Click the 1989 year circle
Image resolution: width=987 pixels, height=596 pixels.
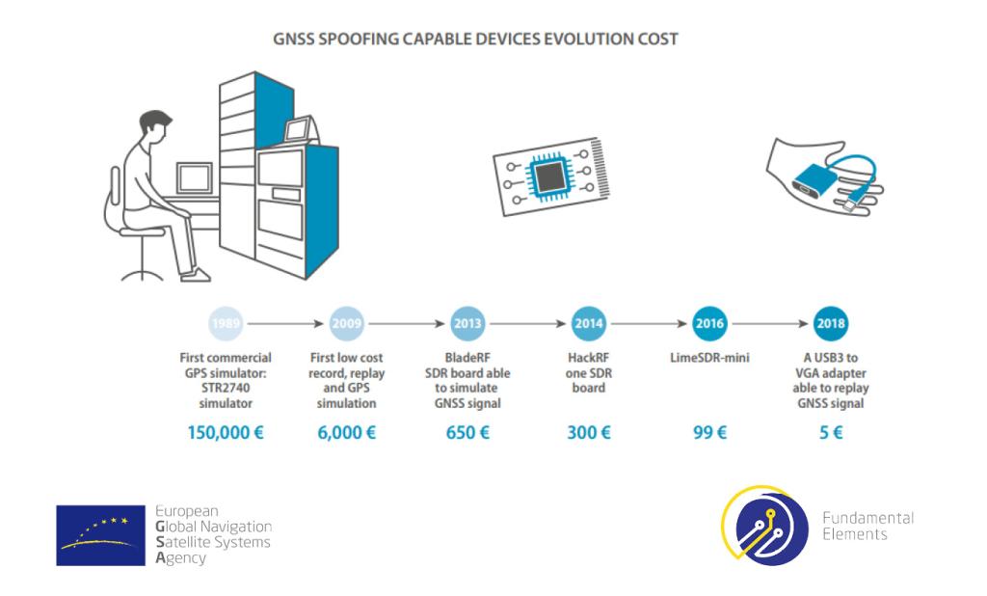coord(226,324)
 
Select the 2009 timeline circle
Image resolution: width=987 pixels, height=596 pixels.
coord(347,324)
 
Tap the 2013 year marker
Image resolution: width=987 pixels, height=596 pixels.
coord(467,324)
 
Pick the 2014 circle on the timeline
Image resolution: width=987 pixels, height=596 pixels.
coord(589,324)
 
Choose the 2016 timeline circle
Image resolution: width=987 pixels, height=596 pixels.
coord(709,324)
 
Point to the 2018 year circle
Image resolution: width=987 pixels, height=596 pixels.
coord(831,324)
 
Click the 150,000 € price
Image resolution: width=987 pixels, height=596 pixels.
coord(226,433)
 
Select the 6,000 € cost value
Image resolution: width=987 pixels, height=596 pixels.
coord(347,433)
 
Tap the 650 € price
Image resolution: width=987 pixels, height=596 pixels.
coord(467,433)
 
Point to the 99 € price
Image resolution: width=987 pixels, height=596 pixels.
coord(710,433)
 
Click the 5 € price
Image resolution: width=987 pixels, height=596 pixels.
coord(831,433)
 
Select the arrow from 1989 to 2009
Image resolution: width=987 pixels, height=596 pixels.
coord(285,324)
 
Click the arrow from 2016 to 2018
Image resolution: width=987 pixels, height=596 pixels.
coord(770,324)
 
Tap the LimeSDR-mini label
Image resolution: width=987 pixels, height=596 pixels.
coord(709,358)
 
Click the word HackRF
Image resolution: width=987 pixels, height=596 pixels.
coord(589,358)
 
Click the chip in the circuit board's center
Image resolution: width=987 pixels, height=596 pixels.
coord(550,176)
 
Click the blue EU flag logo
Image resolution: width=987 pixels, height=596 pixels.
coord(100,535)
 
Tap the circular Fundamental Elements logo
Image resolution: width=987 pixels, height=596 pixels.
coord(765,525)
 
